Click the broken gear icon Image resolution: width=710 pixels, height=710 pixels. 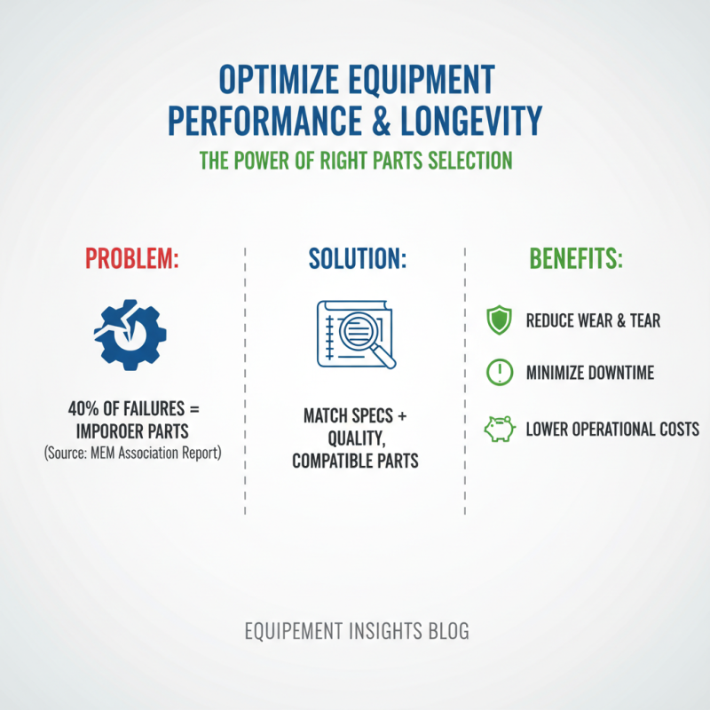coord(130,334)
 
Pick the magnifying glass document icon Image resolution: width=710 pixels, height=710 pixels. coord(356,335)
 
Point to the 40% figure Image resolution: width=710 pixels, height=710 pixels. coord(83,411)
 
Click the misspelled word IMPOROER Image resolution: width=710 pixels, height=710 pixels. coord(113,432)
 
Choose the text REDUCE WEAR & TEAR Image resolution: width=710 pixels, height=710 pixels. coord(593,320)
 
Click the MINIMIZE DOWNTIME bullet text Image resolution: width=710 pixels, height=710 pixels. coord(589,373)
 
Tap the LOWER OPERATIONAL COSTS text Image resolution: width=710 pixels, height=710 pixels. coord(611,430)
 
